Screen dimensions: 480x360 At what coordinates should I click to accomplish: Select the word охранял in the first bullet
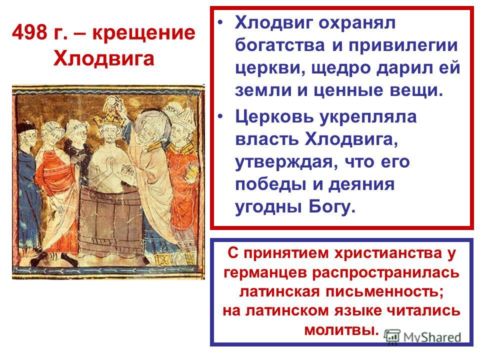(x=357, y=23)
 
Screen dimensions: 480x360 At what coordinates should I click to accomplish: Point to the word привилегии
(x=403, y=46)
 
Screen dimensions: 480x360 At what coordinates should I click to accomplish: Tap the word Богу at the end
(x=332, y=207)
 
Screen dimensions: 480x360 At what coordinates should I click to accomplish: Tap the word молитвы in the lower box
(x=340, y=329)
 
